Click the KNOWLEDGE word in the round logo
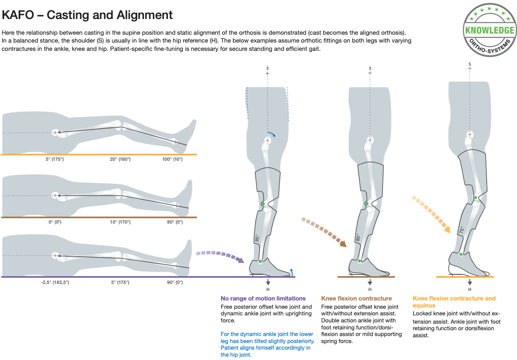[x=490, y=30]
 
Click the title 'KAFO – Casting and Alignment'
[x=87, y=15]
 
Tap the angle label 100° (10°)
[x=172, y=159]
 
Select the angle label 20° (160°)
[x=120, y=159]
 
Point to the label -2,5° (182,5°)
[x=55, y=282]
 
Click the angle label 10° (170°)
[x=120, y=222]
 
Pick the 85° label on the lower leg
[x=257, y=238]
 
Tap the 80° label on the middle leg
[x=358, y=238]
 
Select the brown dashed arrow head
[x=343, y=243]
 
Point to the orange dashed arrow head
[x=447, y=230]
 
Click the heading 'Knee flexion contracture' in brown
[x=357, y=298]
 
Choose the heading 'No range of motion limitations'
[x=263, y=298]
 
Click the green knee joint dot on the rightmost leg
[x=476, y=198]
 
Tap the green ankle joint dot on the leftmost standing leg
[x=260, y=261]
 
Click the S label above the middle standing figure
[x=370, y=68]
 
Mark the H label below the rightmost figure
[x=470, y=289]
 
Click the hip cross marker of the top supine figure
[x=55, y=133]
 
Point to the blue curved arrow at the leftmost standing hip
[x=271, y=134]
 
